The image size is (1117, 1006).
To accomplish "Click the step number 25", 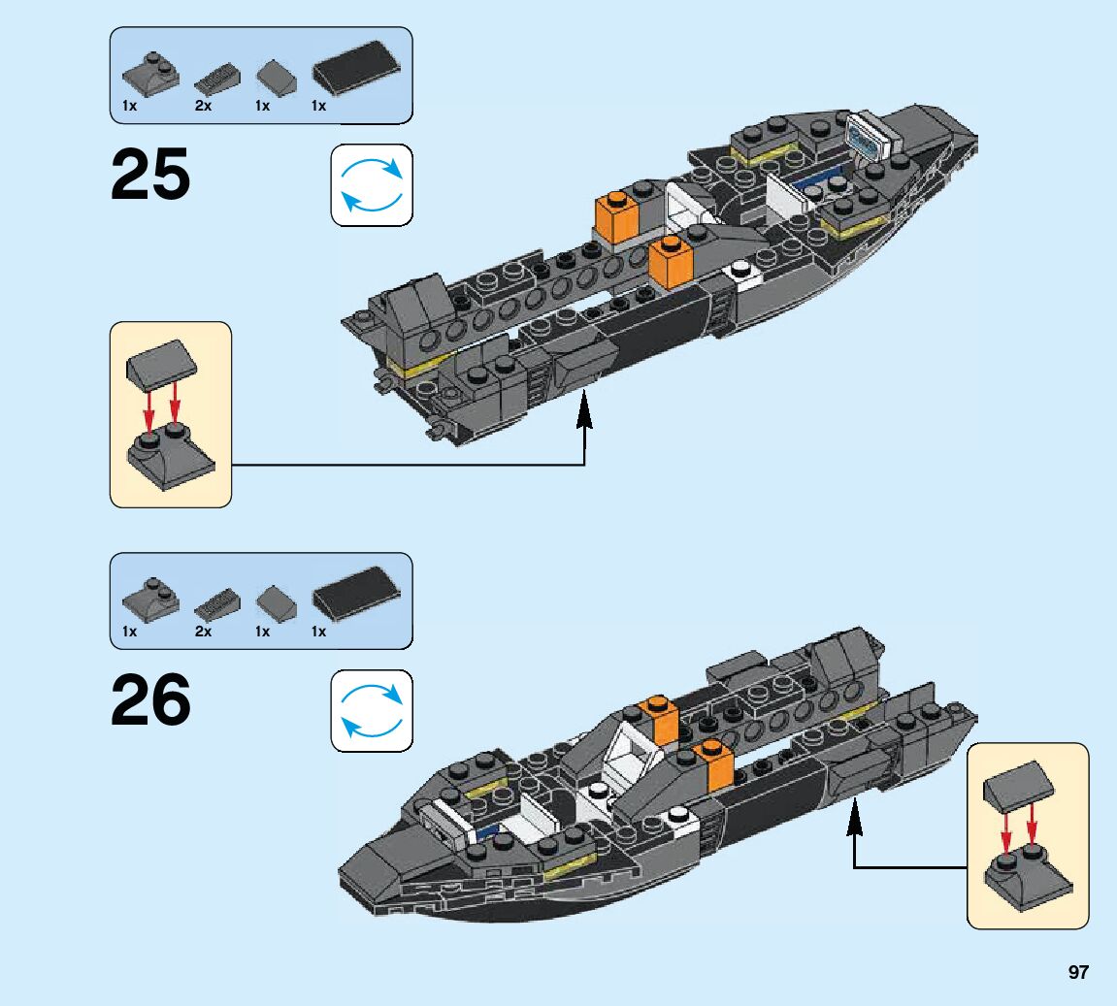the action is click(x=150, y=175).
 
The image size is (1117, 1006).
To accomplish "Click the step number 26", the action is click(x=150, y=700).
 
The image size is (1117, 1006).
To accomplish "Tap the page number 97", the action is click(x=1076, y=972).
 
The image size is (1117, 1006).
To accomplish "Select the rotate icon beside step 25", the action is click(x=372, y=185).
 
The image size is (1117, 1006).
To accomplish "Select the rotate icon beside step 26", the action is click(x=372, y=711).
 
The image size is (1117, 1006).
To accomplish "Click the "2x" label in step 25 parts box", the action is click(x=203, y=106).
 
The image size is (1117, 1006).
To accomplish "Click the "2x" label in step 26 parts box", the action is click(x=203, y=632).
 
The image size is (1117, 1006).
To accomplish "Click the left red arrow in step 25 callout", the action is click(x=148, y=411).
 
